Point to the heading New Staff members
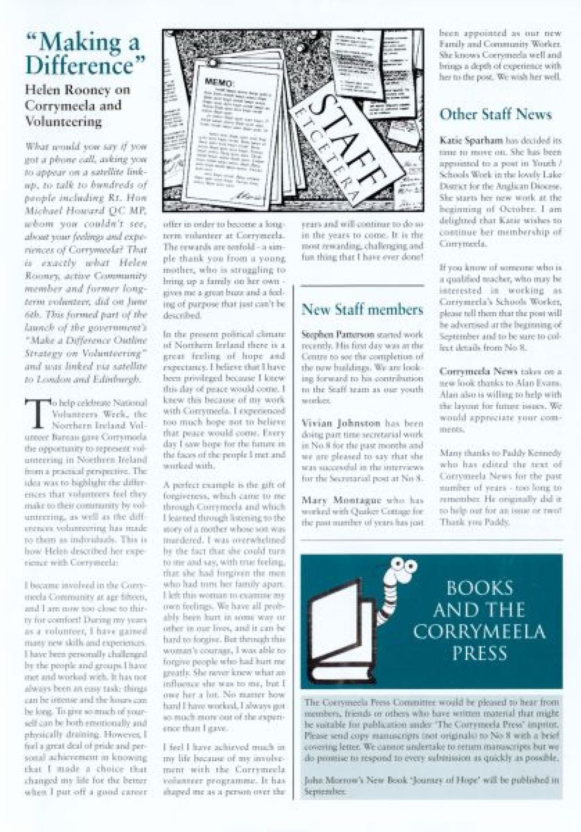tap(362, 309)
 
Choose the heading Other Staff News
tap(495, 114)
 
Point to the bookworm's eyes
tap(405, 564)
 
